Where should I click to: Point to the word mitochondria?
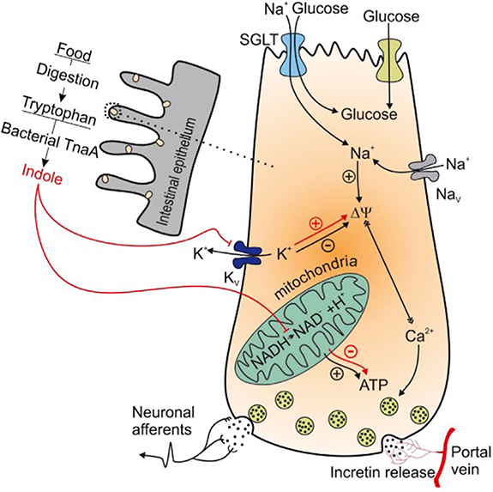[x=297, y=289]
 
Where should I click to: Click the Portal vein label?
[x=472, y=462]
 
